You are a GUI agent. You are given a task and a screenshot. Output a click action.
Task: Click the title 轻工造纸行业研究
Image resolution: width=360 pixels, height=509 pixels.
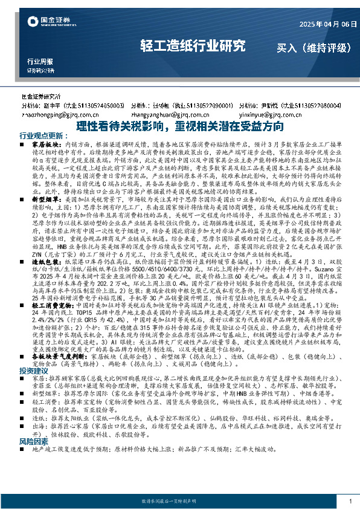pos(193,45)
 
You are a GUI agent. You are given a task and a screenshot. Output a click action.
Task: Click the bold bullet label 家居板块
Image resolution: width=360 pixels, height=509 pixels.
pos(43,146)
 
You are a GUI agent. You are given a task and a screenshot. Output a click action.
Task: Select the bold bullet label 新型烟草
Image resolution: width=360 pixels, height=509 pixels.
pos(43,198)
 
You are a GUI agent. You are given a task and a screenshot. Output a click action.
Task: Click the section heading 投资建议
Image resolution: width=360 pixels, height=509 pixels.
pos(33,370)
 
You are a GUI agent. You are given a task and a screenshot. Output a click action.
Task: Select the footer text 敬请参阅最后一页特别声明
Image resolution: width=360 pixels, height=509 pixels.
pos(179,502)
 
